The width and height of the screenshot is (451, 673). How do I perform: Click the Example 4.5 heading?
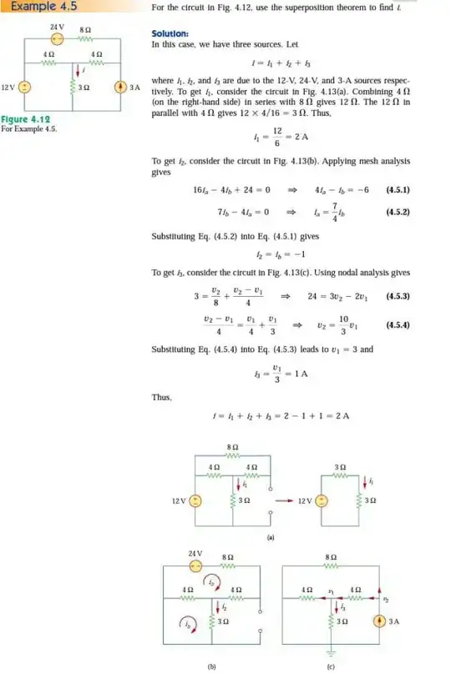tap(37, 8)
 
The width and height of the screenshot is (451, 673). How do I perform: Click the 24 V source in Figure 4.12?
tap(57, 40)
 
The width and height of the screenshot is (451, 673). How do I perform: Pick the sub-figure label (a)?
tap(270, 538)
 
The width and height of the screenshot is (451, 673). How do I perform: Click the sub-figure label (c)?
tap(331, 666)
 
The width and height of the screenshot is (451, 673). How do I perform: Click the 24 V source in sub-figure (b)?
tap(195, 565)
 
